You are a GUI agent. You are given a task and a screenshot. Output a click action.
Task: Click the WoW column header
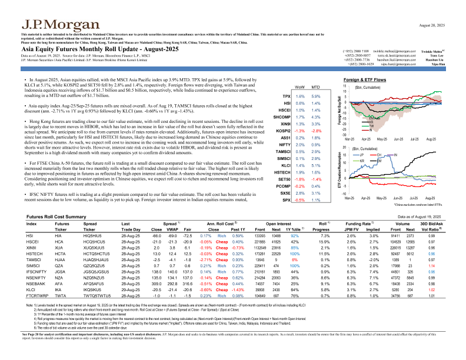coord(301,86)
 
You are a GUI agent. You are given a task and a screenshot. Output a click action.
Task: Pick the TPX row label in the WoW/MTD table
coord(287,96)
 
